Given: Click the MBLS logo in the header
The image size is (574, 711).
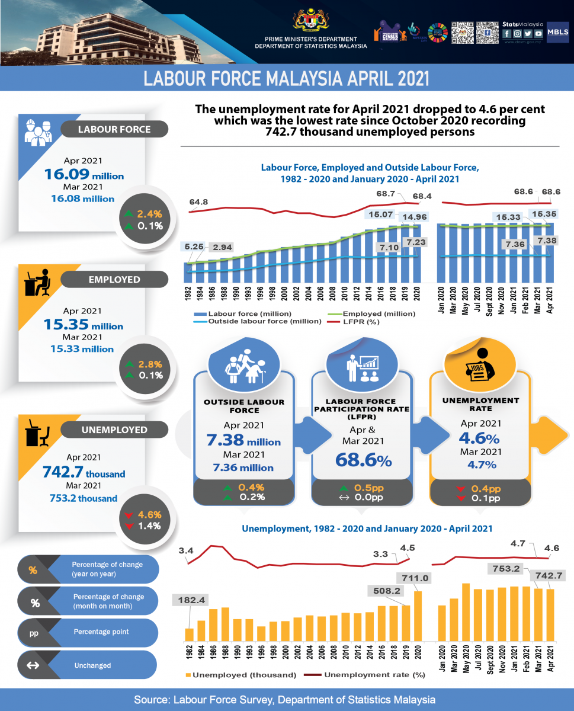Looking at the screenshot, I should tap(558, 32).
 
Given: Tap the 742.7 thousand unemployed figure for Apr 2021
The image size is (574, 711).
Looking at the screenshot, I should tap(84, 472).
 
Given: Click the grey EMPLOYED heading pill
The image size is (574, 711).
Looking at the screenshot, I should tap(115, 278).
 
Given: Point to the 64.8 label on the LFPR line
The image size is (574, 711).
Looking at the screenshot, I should tap(199, 202).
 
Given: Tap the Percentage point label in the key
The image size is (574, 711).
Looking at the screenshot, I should tap(101, 632).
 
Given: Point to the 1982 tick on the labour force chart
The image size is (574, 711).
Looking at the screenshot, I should tap(188, 296).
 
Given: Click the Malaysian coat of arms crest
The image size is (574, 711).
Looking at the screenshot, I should tap(311, 19).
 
